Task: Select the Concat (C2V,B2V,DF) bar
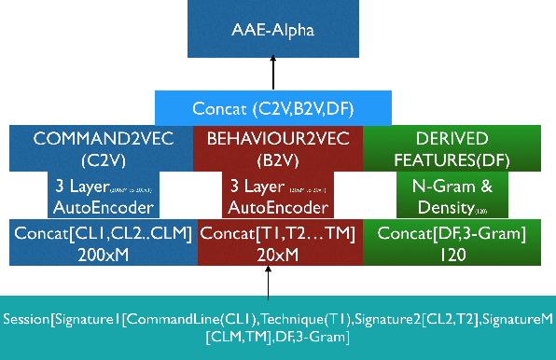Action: pos(273,108)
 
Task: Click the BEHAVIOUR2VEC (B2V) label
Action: pos(276,147)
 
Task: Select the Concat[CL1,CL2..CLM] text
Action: pos(104,232)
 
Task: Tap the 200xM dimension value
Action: pos(104,253)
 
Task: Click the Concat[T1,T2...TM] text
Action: pos(278,232)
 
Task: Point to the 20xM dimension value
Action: pos(278,253)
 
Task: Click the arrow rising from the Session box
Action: pos(268,280)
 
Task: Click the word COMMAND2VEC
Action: pos(98,138)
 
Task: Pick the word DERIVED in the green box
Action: pos(443,138)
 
